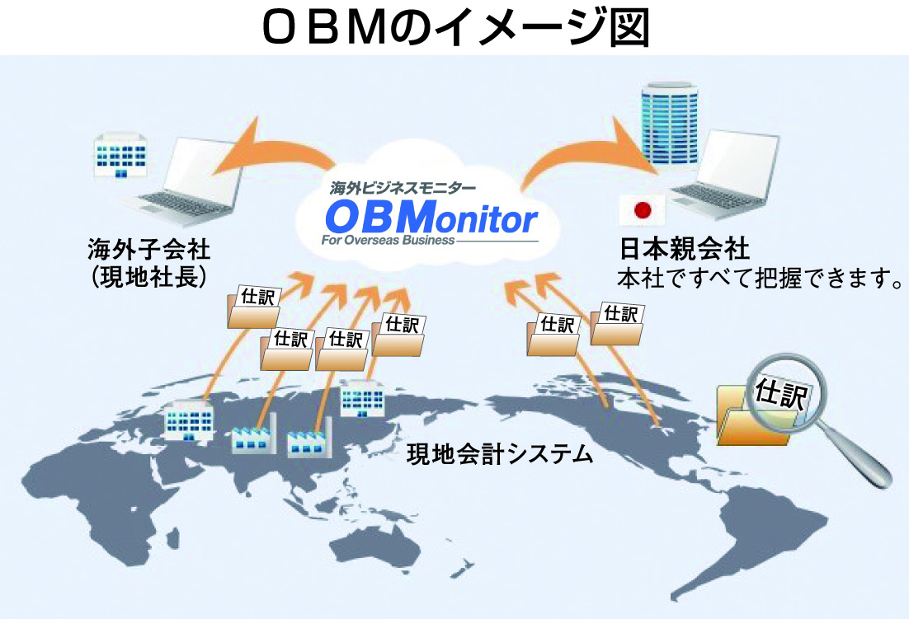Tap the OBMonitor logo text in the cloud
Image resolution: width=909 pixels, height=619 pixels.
tap(432, 217)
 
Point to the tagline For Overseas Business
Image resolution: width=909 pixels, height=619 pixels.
tap(388, 240)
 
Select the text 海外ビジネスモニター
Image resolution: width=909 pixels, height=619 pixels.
tap(403, 188)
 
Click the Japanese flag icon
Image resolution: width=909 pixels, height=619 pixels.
tap(643, 209)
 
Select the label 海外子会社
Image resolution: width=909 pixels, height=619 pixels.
tap(149, 250)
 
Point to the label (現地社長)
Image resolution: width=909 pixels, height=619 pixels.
tap(149, 277)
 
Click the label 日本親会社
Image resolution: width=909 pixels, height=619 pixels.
tap(684, 249)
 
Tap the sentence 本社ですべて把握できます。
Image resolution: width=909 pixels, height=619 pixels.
tap(760, 279)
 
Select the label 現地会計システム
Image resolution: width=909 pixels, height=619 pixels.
tap(500, 454)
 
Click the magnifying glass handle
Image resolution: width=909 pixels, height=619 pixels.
tap(857, 458)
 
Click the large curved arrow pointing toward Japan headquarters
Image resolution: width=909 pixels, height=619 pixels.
tap(586, 151)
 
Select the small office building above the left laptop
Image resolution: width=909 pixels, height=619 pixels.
tap(120, 155)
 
